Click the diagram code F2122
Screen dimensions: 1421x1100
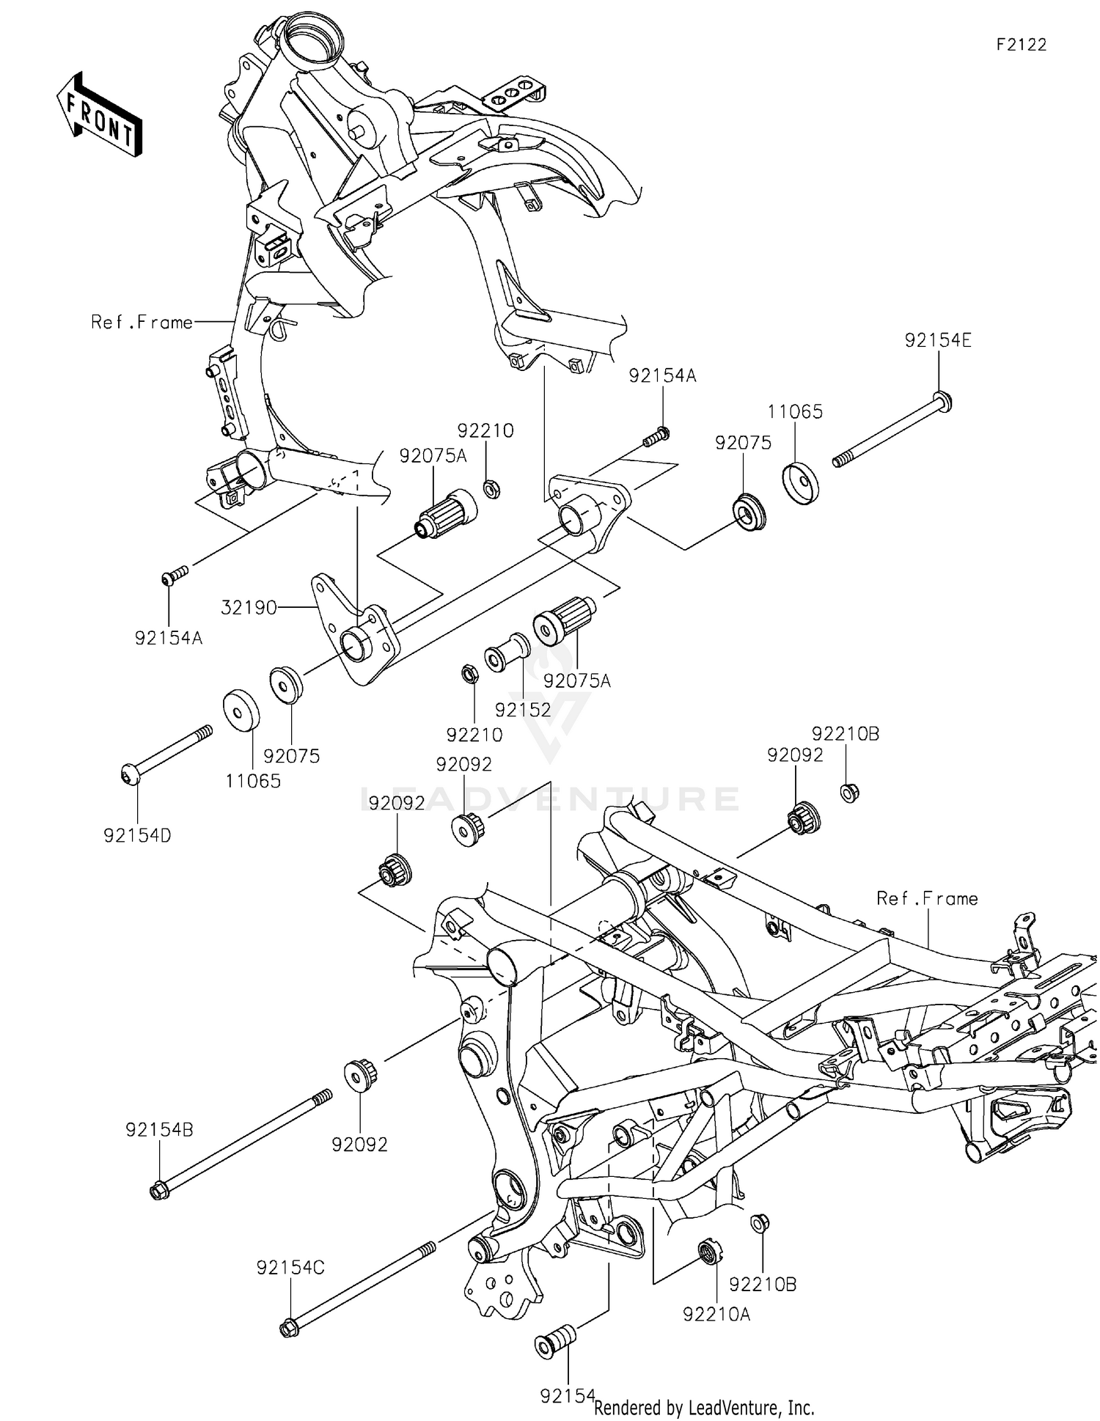click(1021, 45)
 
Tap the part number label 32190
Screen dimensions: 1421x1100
click(249, 607)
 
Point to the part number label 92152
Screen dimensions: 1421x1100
click(522, 710)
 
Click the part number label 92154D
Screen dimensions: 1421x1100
click(137, 835)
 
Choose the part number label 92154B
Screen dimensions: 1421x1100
click(159, 1130)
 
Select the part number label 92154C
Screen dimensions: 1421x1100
click(290, 1268)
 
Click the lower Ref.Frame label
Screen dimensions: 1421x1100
click(927, 898)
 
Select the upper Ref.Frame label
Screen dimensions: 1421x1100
click(142, 322)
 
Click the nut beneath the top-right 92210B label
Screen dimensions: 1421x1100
click(849, 792)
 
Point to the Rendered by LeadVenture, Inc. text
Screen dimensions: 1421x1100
click(704, 1407)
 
